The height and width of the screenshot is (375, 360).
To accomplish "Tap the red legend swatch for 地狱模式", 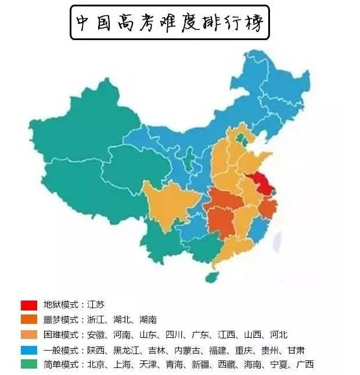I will (29, 305).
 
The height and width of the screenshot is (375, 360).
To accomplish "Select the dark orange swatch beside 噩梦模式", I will (29, 320).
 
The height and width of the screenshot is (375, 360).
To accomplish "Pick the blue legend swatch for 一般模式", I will (29, 350).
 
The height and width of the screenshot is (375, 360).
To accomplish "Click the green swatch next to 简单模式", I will (29, 365).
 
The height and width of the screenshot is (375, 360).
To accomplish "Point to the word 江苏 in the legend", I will (96, 305).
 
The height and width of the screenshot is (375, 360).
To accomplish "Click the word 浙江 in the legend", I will (96, 320).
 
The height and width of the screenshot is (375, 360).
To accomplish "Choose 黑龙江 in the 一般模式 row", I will (127, 350).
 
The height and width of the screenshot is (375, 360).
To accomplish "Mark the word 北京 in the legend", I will (96, 365).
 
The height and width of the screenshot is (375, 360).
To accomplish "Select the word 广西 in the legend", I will (304, 365).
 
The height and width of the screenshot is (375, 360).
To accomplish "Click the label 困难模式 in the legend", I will (60, 335).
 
